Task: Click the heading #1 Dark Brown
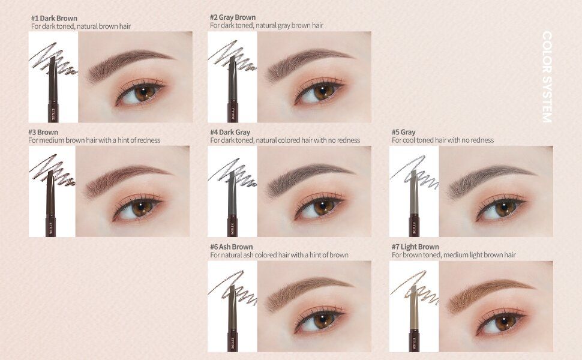(54, 18)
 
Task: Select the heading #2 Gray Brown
(233, 17)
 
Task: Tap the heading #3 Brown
(43, 132)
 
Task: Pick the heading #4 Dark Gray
(230, 132)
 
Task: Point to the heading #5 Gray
(404, 132)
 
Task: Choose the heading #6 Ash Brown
(232, 247)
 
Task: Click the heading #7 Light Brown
(415, 247)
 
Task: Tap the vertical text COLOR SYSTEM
(547, 77)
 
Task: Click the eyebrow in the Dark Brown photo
(129, 63)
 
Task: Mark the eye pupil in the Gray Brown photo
(322, 92)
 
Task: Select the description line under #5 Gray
(443, 140)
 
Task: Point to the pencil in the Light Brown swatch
(413, 318)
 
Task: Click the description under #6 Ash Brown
(279, 255)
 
